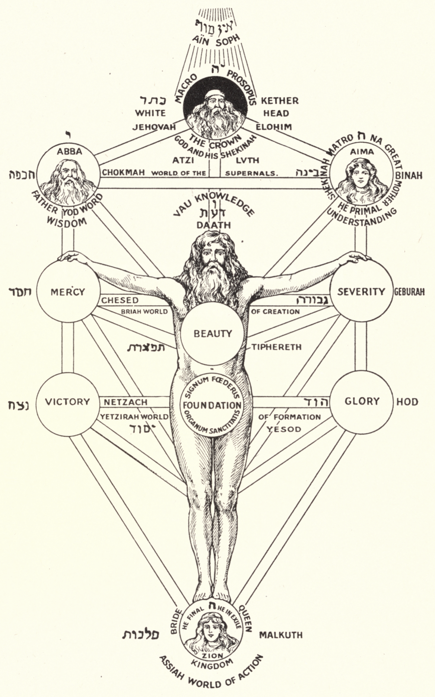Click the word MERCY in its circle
[67, 292]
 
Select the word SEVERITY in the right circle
[361, 291]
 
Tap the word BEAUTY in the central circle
[213, 333]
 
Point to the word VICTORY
[67, 402]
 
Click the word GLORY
[361, 401]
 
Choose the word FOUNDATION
[212, 405]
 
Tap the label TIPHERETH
[276, 347]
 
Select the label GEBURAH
[409, 292]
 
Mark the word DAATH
[214, 225]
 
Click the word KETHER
[279, 100]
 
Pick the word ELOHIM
[273, 127]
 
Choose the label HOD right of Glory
[407, 402]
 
